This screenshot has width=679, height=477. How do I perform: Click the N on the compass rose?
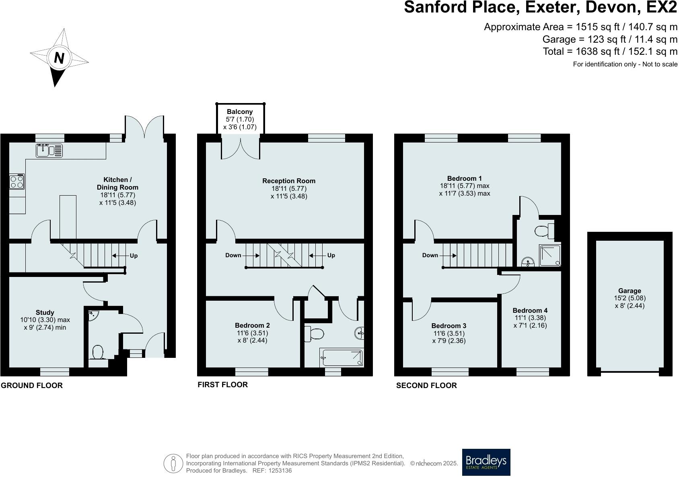[59, 58]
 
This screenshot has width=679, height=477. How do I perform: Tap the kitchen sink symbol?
[49, 151]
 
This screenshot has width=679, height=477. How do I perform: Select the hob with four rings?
[17, 182]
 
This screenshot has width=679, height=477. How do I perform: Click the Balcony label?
[240, 112]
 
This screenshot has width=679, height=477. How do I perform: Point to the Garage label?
[630, 291]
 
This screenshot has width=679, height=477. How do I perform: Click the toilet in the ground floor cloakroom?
[97, 352]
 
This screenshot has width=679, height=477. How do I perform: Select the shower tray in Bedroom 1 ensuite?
[550, 256]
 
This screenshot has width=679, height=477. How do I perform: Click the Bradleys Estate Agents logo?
[486, 462]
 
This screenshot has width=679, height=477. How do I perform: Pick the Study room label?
[45, 312]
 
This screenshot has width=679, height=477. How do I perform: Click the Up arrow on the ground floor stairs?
[125, 256]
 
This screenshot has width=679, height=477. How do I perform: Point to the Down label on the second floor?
[430, 255]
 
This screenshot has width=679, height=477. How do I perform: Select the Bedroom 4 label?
[530, 310]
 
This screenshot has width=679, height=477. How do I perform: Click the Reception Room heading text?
[289, 181]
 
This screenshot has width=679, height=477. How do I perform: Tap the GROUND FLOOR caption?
[32, 386]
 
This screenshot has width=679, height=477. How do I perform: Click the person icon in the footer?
[173, 464]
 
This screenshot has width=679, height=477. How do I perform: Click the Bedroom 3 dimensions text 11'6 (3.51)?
[449, 333]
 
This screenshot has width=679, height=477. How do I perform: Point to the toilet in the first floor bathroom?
[315, 334]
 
